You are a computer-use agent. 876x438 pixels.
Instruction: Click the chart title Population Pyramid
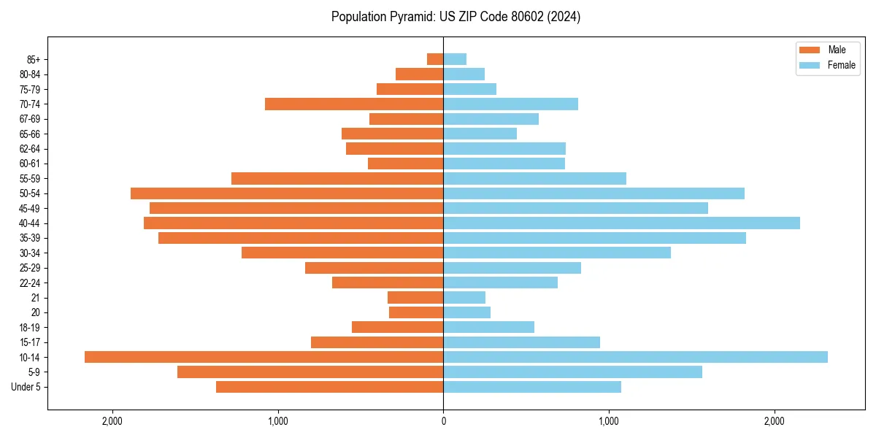[x=456, y=17]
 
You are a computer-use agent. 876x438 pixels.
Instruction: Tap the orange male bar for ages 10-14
[x=264, y=357]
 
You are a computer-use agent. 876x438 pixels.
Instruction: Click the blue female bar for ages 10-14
[x=635, y=357]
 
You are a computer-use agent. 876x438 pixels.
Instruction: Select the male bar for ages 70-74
[x=354, y=104]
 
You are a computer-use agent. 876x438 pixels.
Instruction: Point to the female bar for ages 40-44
[x=621, y=223]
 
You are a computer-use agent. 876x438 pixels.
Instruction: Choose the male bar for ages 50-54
[x=287, y=193]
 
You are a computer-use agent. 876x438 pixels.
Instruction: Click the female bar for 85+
[x=455, y=59]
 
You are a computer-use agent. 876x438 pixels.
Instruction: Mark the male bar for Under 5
[x=329, y=387]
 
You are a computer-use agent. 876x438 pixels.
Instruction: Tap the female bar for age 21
[x=464, y=298]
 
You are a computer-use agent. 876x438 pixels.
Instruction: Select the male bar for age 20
[x=416, y=312]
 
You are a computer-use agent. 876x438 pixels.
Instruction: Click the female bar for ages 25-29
[x=512, y=268]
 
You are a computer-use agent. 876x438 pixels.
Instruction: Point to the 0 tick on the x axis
[x=443, y=421]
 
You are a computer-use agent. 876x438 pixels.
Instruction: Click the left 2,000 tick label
[x=112, y=421]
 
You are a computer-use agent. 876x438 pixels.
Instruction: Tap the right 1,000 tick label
[x=609, y=421]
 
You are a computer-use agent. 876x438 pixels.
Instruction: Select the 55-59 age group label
[x=30, y=179]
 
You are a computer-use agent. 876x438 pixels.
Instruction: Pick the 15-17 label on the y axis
[x=30, y=342]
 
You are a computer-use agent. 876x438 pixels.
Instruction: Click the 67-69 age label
[x=30, y=119]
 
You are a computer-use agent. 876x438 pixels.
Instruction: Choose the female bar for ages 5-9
[x=572, y=372]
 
